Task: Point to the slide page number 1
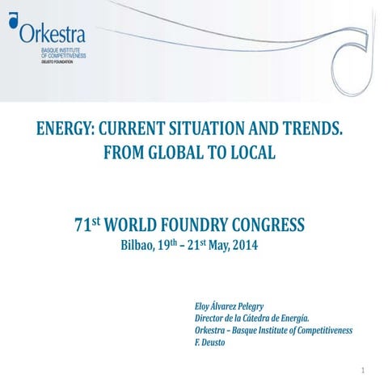point(365,372)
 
